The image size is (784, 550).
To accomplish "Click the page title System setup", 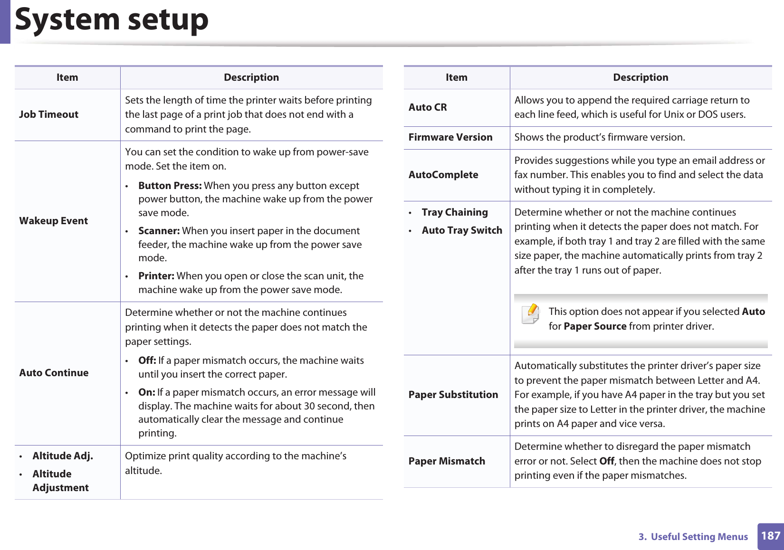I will [x=112, y=20].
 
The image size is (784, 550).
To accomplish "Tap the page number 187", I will [x=770, y=536].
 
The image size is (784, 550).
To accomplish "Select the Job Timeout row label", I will [x=49, y=114].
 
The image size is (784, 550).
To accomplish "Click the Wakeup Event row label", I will [x=54, y=221].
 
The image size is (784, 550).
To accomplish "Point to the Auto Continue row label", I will [x=54, y=373].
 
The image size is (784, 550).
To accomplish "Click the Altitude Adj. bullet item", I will [x=63, y=456].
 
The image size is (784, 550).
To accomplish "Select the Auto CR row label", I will [x=428, y=107].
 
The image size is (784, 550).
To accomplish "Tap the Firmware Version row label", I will [x=450, y=137].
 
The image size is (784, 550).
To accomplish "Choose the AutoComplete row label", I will [x=443, y=175].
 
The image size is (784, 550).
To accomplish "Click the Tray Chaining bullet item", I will [x=455, y=212].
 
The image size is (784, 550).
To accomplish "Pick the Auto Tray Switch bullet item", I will [x=462, y=230].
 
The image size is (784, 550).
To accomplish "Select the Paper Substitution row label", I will [x=453, y=395].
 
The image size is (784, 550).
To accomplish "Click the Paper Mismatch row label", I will [x=447, y=461].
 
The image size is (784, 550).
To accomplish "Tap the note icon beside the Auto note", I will [x=531, y=314].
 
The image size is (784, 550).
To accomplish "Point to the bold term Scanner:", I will [x=159, y=231].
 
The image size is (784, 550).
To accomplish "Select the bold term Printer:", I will [x=156, y=276].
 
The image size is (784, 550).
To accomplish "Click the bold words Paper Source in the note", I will [x=595, y=326].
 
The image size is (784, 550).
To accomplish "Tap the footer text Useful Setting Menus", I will [x=699, y=537].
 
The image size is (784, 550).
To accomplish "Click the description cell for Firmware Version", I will [x=600, y=137].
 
